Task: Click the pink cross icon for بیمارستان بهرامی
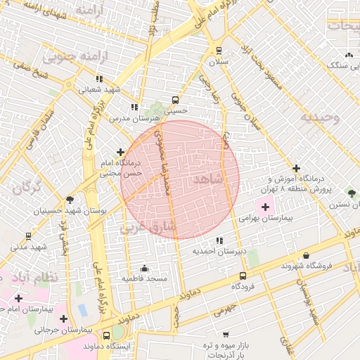coord(265,207)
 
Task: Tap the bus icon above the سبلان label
coord(219,51)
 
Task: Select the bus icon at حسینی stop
coord(176,100)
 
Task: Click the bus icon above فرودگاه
coord(243,276)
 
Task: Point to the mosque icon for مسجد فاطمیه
coord(145,268)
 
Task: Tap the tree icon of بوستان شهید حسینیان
coord(69,200)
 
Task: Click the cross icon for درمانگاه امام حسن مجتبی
coord(121,152)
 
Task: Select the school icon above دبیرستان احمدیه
coord(220,240)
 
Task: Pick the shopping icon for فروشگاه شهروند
coord(306,255)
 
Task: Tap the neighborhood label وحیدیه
coord(320,117)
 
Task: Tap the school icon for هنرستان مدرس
coord(134,108)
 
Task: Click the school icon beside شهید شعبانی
coord(99,79)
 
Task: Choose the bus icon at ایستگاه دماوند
coord(106,335)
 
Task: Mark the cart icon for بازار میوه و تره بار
coord(225,334)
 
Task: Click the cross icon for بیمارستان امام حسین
coord(18,299)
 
